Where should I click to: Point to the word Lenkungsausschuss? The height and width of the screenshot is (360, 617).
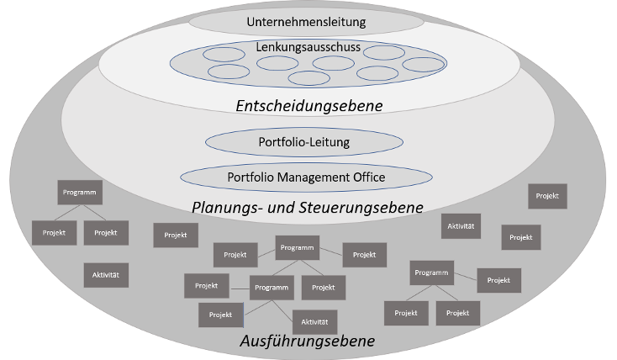(308, 47)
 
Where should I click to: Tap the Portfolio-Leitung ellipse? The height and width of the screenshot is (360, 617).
(303, 142)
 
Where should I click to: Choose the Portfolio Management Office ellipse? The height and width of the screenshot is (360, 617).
(306, 177)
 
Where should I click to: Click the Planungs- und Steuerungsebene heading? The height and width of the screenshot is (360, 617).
(307, 207)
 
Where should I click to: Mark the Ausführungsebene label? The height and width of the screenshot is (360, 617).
(307, 341)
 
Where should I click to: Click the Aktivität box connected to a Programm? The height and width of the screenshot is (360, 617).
(314, 321)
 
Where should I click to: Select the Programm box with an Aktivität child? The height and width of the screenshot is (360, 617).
(273, 288)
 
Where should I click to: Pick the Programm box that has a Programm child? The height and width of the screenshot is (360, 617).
(298, 248)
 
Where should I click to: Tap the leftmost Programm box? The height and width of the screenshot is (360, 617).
(80, 192)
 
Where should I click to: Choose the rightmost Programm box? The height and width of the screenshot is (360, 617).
(432, 273)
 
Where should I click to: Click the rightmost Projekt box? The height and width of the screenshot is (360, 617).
(547, 196)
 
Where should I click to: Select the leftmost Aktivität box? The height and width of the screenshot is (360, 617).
(106, 275)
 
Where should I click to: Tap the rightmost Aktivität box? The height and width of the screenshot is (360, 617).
(461, 226)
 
